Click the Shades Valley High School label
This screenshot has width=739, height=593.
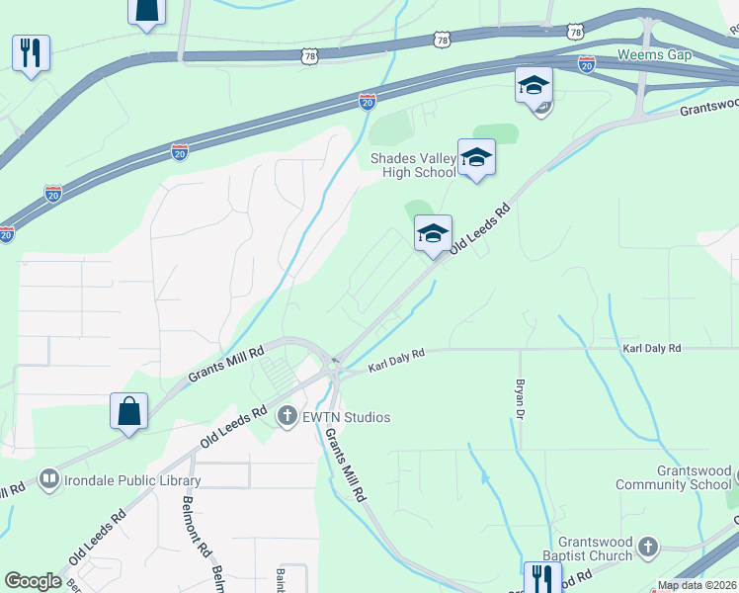(x=413, y=166)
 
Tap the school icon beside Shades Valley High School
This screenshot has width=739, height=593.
(x=476, y=156)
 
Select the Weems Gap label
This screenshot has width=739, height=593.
(x=654, y=54)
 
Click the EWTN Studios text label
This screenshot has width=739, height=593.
(x=347, y=417)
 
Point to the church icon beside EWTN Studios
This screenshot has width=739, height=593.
(x=287, y=417)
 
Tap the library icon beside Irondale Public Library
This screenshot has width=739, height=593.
(x=48, y=481)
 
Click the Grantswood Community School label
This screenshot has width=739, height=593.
(x=674, y=478)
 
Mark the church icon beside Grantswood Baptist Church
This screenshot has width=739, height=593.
(x=647, y=547)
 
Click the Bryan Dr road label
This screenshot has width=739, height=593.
(x=518, y=397)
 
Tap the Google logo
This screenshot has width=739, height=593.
(x=33, y=581)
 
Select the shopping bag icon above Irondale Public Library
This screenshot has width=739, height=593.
(x=129, y=410)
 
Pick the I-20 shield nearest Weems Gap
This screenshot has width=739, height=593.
(x=587, y=64)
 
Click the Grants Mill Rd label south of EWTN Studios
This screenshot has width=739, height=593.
(x=347, y=467)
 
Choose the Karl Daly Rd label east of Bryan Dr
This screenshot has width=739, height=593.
(x=652, y=349)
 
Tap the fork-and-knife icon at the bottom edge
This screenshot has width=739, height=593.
(x=542, y=577)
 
